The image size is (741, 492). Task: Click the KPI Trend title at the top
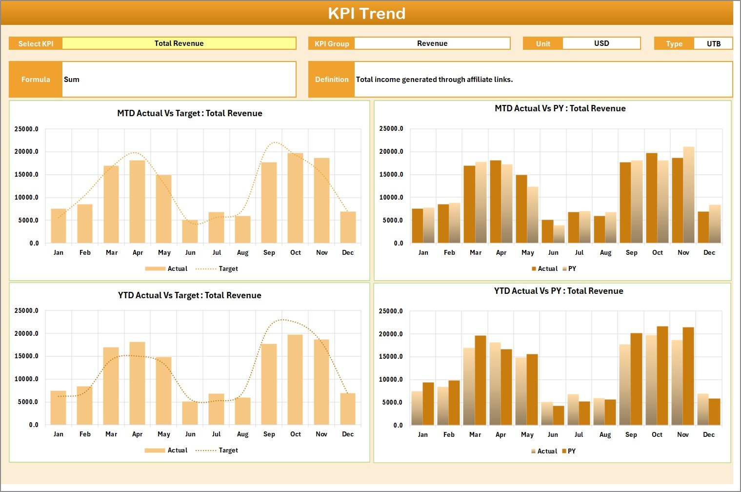[366, 13]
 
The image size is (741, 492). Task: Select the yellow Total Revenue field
[179, 43]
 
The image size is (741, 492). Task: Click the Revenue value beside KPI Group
[432, 43]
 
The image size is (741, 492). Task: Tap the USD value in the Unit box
[601, 43]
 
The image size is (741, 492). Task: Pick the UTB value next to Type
[713, 44]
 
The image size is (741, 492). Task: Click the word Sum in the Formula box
[72, 80]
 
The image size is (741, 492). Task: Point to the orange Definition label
[332, 80]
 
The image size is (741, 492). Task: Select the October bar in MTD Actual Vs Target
[295, 198]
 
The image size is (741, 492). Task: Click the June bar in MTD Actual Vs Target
[190, 231]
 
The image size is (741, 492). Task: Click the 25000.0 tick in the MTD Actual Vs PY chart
[391, 129]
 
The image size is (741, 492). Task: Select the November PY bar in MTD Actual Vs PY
[688, 195]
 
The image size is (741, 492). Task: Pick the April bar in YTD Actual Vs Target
[137, 383]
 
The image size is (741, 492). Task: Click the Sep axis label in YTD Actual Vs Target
[269, 434]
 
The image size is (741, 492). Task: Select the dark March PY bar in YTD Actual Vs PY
[481, 380]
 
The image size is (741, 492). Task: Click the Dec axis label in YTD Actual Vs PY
[709, 435]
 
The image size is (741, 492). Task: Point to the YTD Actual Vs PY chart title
[559, 291]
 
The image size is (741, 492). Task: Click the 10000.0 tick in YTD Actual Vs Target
[26, 379]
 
